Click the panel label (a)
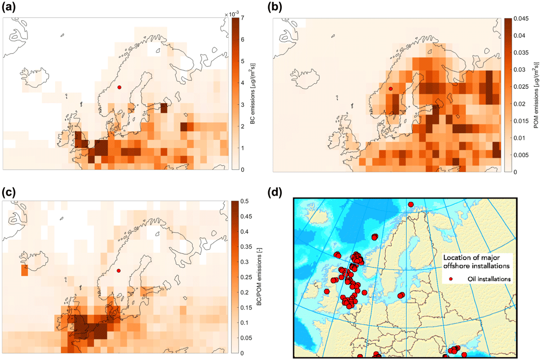9,8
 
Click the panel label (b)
275,8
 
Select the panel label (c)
9,193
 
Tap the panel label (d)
275,193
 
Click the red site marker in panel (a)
119,87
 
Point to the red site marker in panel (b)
390,89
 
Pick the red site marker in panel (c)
119,271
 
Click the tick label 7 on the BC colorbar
243,18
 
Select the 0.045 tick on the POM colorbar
521,18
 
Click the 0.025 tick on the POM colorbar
521,87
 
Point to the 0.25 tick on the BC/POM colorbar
246,277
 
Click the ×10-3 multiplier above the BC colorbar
232,14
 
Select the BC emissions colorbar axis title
252,93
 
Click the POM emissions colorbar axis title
536,95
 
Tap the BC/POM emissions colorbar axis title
259,276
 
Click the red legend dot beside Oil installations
451,279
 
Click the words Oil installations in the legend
489,279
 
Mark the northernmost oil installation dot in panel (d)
411,204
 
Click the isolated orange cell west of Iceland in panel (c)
25,270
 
